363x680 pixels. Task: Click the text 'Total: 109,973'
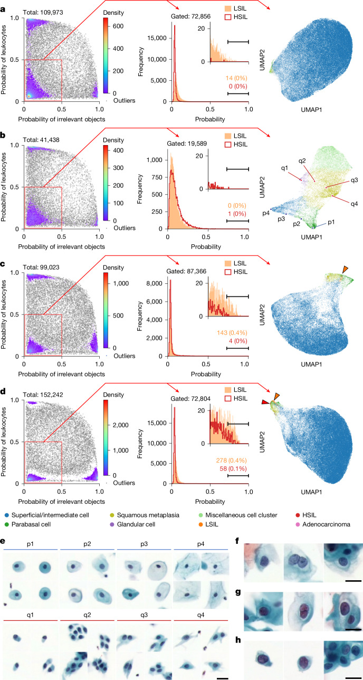click(x=43, y=13)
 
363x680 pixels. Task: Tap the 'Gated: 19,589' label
click(x=187, y=143)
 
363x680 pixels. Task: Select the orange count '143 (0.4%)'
click(x=232, y=333)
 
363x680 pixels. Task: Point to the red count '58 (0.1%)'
click(x=233, y=468)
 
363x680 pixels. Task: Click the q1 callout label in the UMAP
click(x=284, y=168)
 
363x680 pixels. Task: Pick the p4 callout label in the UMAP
click(x=266, y=213)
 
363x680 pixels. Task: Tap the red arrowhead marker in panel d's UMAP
click(x=265, y=402)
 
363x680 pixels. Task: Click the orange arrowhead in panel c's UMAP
click(x=345, y=269)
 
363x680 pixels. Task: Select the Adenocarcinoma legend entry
click(x=323, y=524)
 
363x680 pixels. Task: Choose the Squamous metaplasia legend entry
click(x=145, y=515)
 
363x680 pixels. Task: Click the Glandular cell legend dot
click(x=112, y=524)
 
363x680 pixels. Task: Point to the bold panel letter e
click(x=3, y=541)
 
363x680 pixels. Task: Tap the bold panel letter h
click(x=238, y=639)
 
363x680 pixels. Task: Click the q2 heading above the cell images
click(x=87, y=615)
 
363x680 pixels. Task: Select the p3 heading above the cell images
click(x=144, y=544)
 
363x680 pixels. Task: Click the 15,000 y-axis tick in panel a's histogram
click(x=157, y=38)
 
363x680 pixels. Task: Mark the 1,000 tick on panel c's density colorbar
click(x=121, y=283)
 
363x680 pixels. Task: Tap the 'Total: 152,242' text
click(x=43, y=395)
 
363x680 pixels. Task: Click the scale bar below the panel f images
click(x=354, y=581)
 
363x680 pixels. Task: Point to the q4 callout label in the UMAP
click(x=354, y=204)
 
